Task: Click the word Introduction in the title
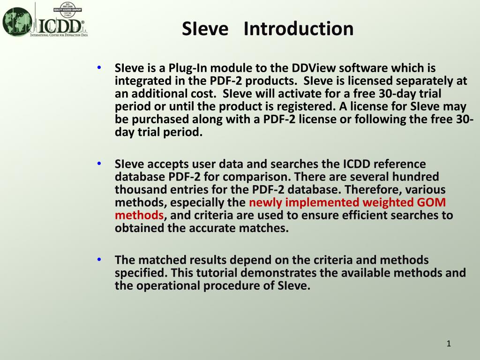(x=299, y=29)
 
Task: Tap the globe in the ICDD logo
(x=17, y=22)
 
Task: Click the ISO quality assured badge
(x=67, y=9)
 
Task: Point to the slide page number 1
(x=449, y=344)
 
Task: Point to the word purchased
(x=160, y=119)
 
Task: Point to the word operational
(x=168, y=285)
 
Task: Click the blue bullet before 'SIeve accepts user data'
(x=99, y=164)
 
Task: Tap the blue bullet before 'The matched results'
(x=99, y=259)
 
